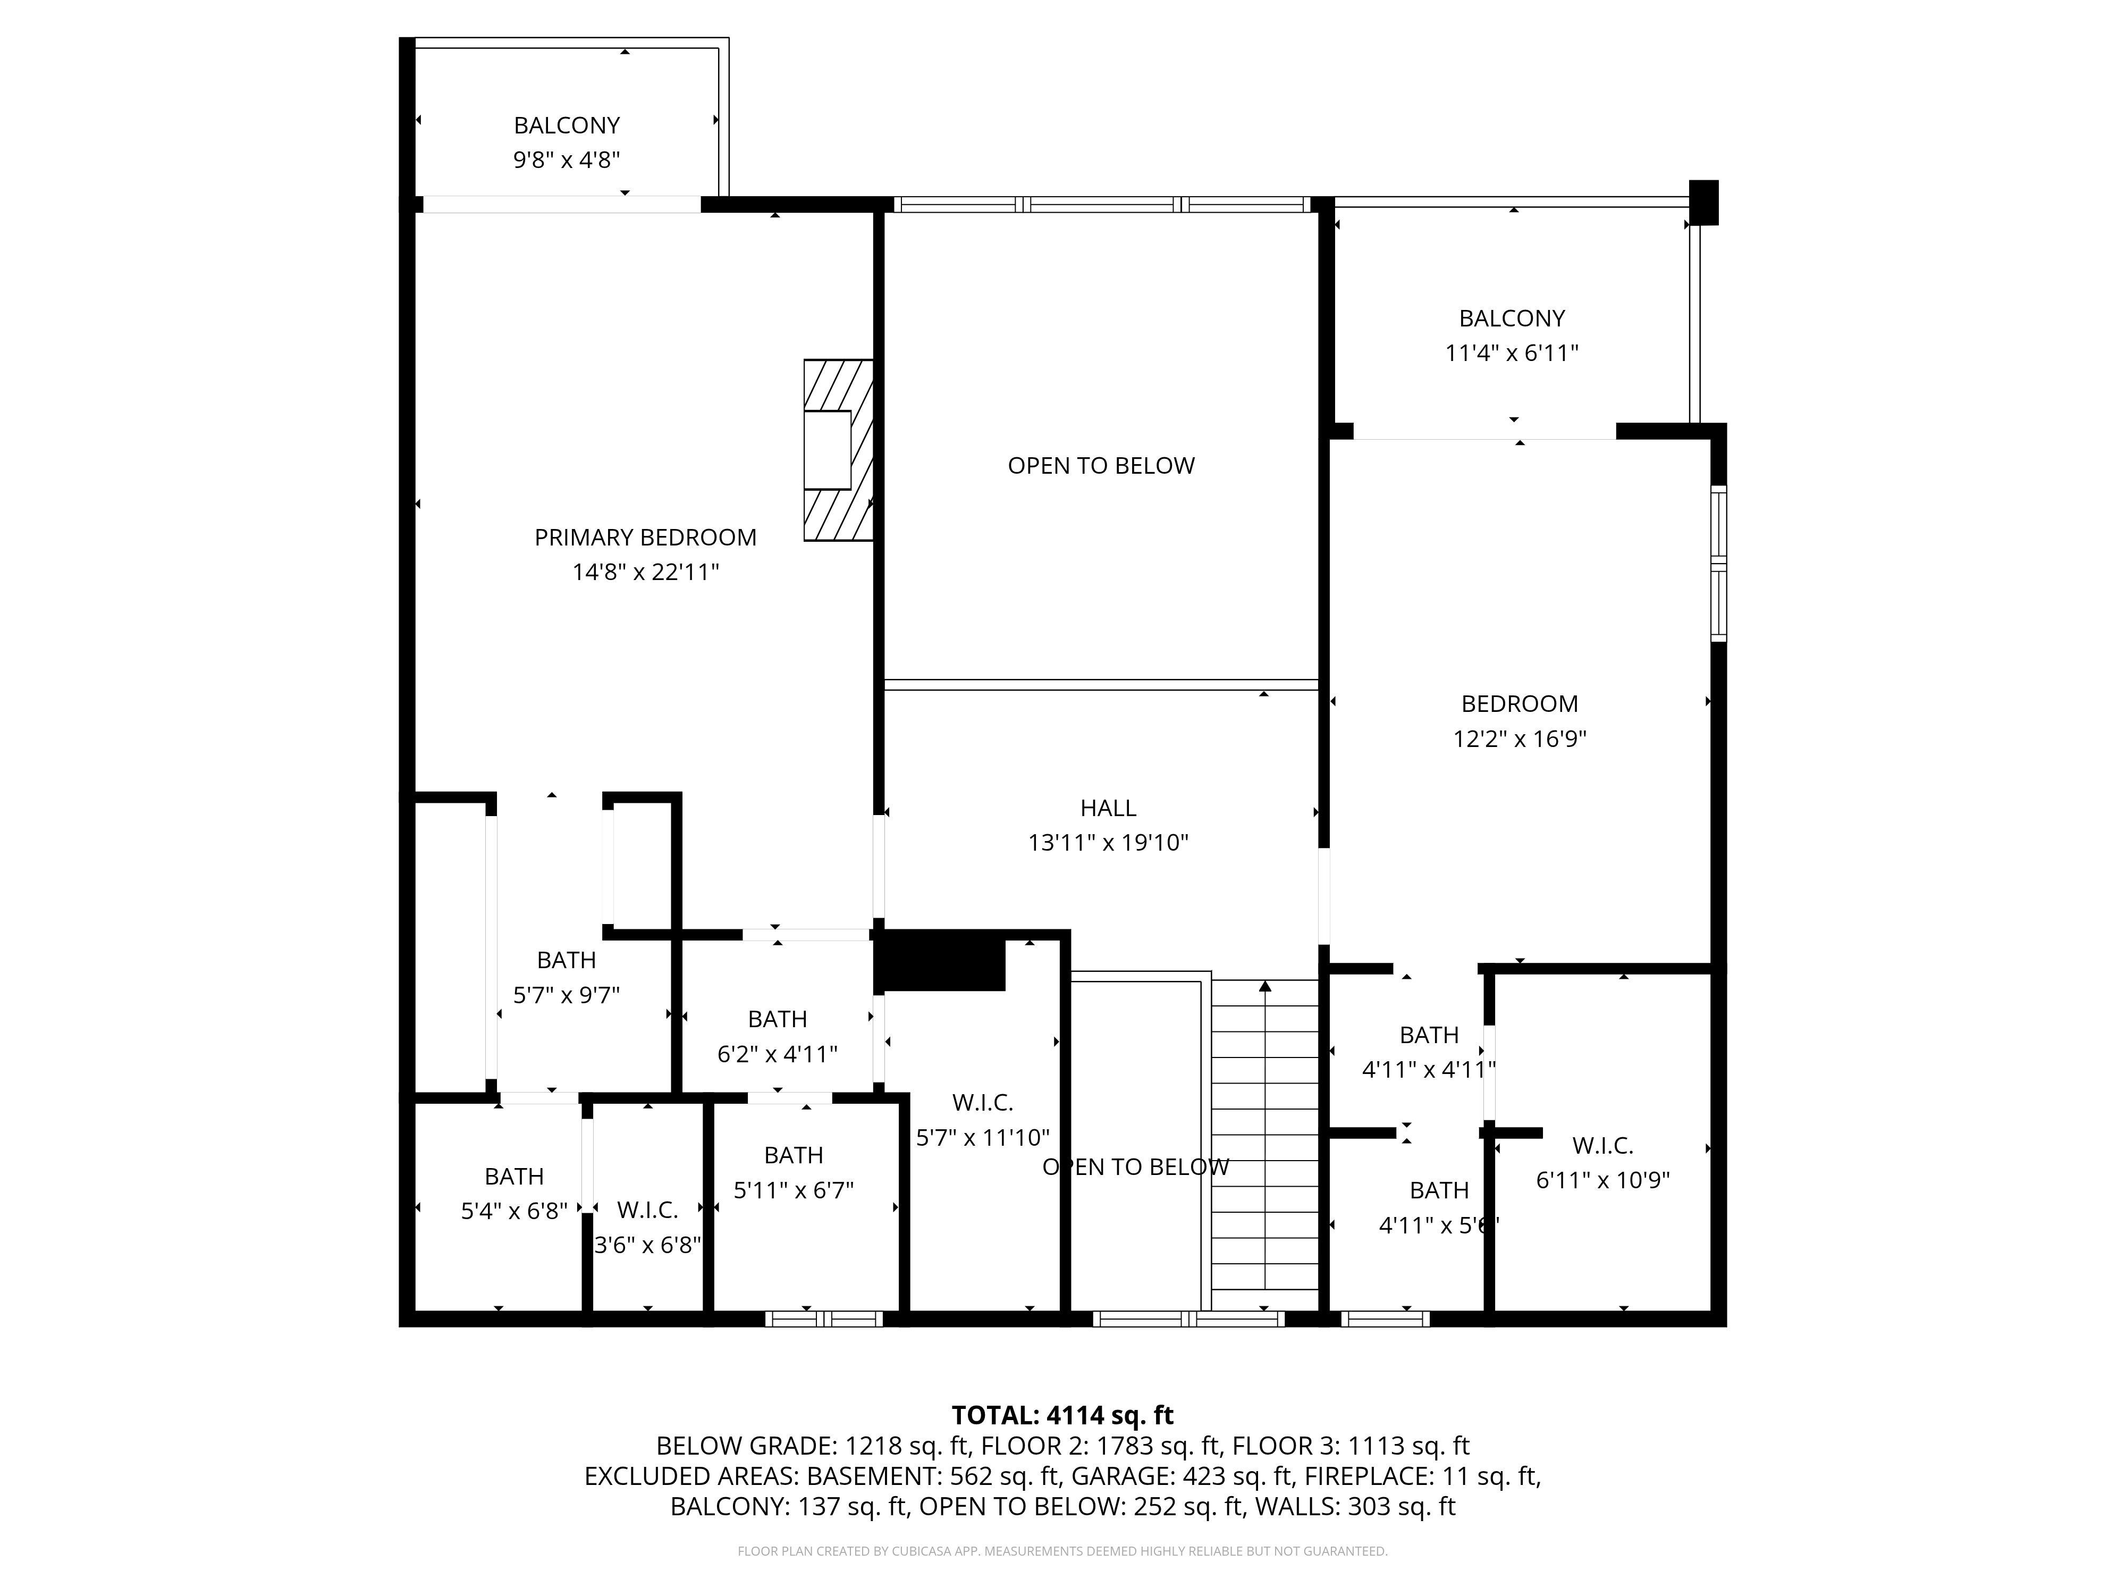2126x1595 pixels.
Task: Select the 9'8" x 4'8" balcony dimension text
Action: [566, 159]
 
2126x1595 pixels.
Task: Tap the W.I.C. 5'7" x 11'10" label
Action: [982, 1120]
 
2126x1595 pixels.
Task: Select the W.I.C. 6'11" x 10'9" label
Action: [1602, 1162]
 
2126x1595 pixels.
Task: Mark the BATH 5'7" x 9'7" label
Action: [566, 977]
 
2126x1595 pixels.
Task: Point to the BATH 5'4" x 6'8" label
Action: [514, 1193]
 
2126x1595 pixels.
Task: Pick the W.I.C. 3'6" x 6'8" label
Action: [647, 1227]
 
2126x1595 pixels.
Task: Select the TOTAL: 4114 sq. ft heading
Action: [1062, 1415]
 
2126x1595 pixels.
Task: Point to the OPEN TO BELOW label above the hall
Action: [1101, 465]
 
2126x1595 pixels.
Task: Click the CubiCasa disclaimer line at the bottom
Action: [1062, 1551]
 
